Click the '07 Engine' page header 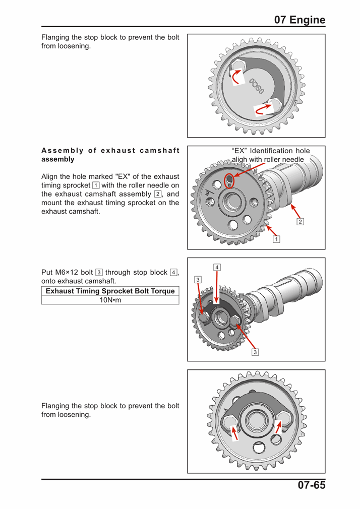[x=299, y=20]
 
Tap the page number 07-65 [x=306, y=486]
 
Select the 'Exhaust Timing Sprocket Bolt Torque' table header [x=110, y=291]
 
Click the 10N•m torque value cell [x=110, y=300]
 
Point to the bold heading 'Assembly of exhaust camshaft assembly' [x=110, y=155]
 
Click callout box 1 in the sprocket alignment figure [x=276, y=238]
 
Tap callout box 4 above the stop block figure [x=217, y=266]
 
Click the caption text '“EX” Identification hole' [x=271, y=151]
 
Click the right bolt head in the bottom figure [x=283, y=418]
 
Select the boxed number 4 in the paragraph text [x=173, y=273]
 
